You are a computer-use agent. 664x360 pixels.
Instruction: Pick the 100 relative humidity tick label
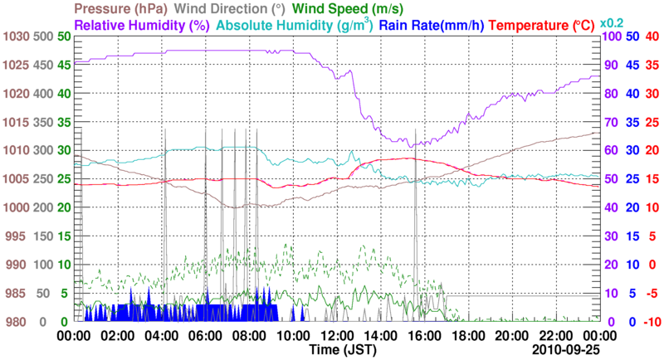(x=611, y=36)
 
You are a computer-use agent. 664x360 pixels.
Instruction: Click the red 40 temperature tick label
(x=652, y=36)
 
